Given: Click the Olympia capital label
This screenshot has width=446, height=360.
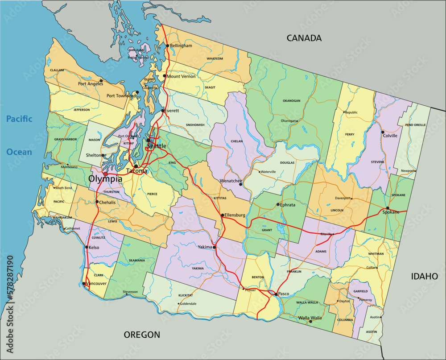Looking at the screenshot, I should click(x=105, y=179).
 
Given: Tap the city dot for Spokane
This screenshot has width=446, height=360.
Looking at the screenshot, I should click(x=387, y=208).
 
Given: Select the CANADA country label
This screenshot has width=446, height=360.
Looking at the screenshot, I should click(x=304, y=38).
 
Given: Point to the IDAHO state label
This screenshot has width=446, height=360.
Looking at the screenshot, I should click(x=424, y=277).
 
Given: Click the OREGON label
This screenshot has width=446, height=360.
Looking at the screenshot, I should click(x=142, y=335).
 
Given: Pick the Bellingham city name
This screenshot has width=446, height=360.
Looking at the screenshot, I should click(x=181, y=46).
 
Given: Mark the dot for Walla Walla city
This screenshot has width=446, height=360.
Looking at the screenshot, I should click(x=310, y=321).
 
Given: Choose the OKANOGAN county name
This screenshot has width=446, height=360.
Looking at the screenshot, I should click(x=291, y=101).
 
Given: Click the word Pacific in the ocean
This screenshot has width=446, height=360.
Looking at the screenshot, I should click(x=19, y=119).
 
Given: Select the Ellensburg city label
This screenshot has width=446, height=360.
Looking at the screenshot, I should click(x=235, y=215).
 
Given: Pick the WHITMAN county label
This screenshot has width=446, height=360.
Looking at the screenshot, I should click(x=376, y=253).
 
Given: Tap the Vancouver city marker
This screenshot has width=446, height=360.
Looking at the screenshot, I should click(x=84, y=283).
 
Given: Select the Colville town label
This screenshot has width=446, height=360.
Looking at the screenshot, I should click(x=390, y=136).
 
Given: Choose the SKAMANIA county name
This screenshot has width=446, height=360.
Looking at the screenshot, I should click(x=137, y=260).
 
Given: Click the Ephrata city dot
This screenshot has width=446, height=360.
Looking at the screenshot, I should click(x=278, y=204).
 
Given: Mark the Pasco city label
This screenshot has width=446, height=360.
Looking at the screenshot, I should click(x=284, y=294).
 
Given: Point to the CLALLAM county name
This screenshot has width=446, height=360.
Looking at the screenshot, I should click(x=57, y=70).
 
